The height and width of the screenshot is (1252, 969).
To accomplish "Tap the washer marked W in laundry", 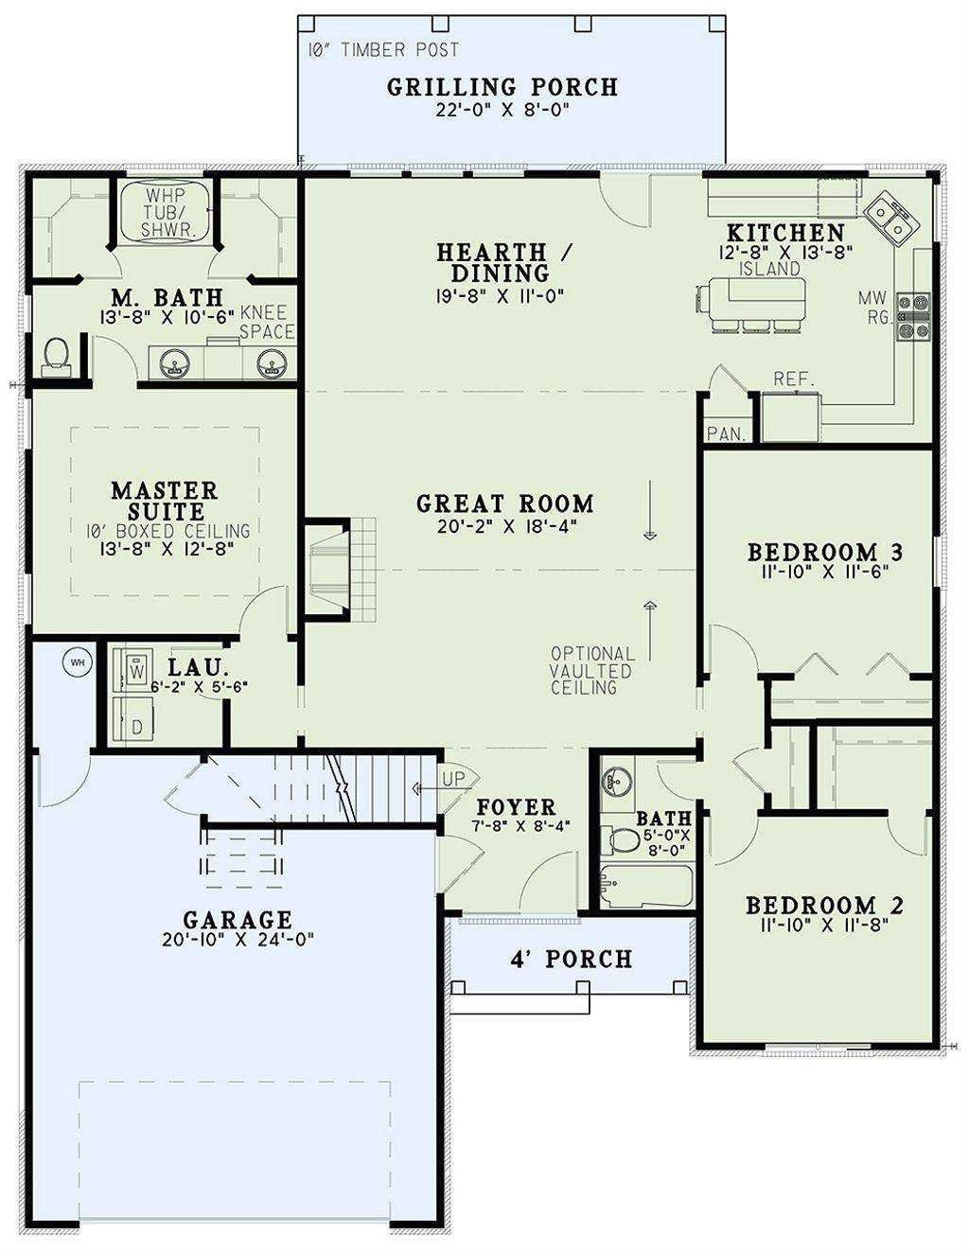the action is (133, 668).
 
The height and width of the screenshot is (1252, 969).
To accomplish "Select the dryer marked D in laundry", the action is (133, 721).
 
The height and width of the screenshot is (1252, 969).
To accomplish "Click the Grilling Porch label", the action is (502, 87).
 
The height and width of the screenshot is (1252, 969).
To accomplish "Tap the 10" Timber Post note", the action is (383, 50).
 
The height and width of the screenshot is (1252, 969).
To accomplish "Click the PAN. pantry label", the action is (727, 433).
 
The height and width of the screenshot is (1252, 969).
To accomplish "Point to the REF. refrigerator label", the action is (794, 379).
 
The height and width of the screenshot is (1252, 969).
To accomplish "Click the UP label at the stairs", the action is (453, 779).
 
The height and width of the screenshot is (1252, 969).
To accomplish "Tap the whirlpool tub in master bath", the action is (167, 211).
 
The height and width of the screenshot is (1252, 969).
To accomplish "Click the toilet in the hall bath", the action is (619, 839).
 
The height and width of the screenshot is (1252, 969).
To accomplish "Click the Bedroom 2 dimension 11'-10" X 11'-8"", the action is (823, 925).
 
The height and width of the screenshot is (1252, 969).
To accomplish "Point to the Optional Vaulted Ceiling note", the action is (592, 671).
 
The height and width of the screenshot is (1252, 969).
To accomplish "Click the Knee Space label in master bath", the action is (266, 322).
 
